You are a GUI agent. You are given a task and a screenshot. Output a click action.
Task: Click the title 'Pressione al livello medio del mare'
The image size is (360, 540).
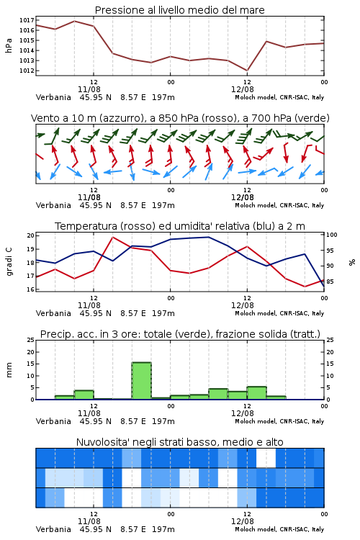[179, 10]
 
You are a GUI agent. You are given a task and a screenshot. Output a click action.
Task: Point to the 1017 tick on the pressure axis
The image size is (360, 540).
[27, 20]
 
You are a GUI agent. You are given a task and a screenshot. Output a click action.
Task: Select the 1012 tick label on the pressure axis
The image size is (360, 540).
[27, 71]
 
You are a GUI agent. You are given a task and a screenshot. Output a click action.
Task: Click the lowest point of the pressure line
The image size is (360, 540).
[247, 71]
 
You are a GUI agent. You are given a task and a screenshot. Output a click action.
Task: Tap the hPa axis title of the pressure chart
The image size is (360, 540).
[9, 45]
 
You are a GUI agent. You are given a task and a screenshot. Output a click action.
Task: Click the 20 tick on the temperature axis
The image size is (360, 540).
[30, 236]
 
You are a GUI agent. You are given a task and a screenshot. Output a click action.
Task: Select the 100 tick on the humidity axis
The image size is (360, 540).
[332, 235]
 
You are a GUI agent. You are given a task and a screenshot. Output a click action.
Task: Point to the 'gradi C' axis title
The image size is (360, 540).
[9, 261]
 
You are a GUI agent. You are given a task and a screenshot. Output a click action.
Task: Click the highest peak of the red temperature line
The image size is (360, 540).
[112, 237]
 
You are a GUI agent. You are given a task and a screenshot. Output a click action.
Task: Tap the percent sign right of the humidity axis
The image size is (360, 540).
[352, 262]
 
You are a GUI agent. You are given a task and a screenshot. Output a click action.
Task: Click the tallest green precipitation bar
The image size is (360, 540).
[142, 381]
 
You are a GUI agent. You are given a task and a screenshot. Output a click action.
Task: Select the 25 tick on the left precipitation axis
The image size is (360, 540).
[30, 341]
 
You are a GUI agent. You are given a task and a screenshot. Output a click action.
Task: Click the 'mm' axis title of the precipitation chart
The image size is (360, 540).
[9, 370]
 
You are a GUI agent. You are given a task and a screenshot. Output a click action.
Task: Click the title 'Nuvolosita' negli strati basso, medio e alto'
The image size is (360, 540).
[179, 442]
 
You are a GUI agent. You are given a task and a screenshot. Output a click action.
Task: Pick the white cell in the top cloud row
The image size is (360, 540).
[266, 458]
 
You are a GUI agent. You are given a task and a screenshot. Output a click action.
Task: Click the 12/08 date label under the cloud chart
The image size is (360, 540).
[243, 521]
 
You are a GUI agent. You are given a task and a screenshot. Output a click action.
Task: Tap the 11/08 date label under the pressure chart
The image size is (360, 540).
[89, 89]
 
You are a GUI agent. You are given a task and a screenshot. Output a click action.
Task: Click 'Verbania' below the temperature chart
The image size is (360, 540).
[53, 313]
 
